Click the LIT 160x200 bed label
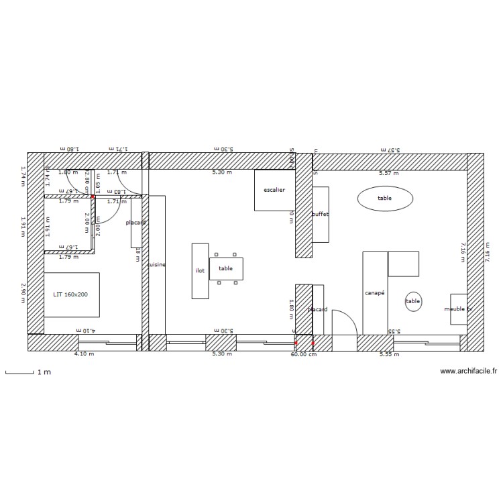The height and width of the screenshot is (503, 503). (71, 294)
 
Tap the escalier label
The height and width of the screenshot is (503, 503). (274, 190)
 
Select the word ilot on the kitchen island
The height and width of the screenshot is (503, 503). (200, 271)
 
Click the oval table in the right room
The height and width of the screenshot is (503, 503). (384, 198)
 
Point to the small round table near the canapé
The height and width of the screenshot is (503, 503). (413, 302)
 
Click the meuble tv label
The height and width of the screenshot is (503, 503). (458, 309)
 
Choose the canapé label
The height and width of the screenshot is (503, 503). (374, 293)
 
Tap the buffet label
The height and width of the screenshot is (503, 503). (321, 215)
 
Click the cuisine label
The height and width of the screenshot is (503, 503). (156, 265)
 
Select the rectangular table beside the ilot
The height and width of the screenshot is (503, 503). (226, 268)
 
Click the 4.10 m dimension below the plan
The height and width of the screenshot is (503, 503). (84, 353)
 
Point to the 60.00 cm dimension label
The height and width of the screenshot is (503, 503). (304, 354)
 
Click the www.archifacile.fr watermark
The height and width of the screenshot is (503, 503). (468, 370)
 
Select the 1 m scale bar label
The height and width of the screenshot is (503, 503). (44, 371)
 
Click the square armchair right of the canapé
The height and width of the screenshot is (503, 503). (404, 264)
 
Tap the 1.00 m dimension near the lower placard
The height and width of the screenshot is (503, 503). (292, 309)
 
